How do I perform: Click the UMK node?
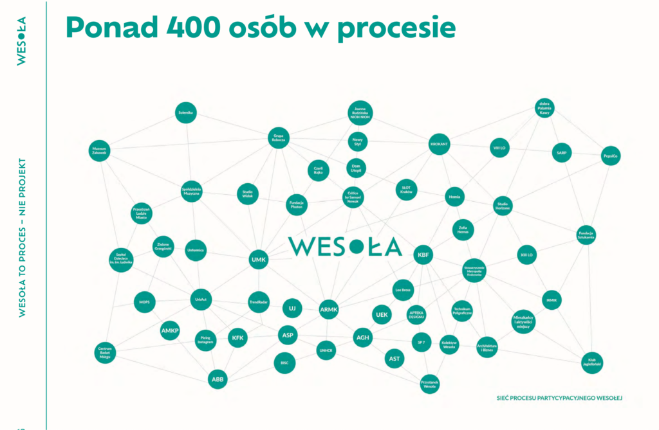pyautogui.click(x=257, y=260)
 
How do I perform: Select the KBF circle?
pyautogui.click(x=423, y=255)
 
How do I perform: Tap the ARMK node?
pyautogui.click(x=328, y=310)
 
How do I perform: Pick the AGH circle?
pyautogui.click(x=363, y=337)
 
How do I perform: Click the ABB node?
pyautogui.click(x=218, y=379)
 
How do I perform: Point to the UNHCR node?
pyautogui.click(x=326, y=351)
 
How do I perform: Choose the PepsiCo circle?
pyautogui.click(x=610, y=156)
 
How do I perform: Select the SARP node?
pyautogui.click(x=561, y=153)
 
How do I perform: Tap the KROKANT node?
pyautogui.click(x=439, y=145)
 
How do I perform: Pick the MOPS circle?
pyautogui.click(x=144, y=301)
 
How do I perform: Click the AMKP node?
pyautogui.click(x=170, y=330)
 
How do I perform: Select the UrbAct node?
pyautogui.click(x=201, y=299)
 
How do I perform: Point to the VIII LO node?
pyautogui.click(x=499, y=148)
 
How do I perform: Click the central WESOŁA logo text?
pyautogui.click(x=345, y=247)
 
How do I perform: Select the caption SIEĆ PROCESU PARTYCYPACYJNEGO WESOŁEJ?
pyautogui.click(x=559, y=397)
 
